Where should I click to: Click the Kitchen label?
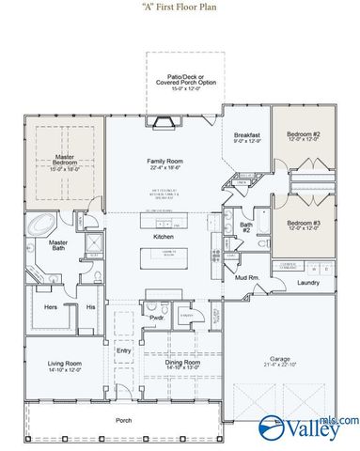point(164,237)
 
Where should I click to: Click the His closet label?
point(90,306)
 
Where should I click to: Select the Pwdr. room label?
point(158,329)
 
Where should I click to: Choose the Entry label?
point(123,351)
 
